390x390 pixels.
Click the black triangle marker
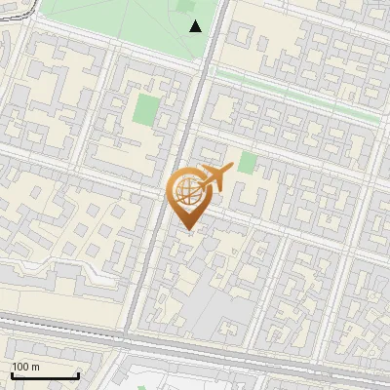point(196,26)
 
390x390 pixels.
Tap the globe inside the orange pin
point(188,192)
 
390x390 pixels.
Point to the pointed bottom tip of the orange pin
point(188,231)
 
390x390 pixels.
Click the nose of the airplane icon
point(231,168)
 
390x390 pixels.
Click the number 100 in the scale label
point(20,367)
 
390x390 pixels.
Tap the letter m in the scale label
point(36,367)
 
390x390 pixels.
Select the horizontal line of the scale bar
point(45,376)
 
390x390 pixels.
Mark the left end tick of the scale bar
point(13,374)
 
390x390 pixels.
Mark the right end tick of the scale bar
point(78,374)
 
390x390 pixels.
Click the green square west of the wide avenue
point(147,108)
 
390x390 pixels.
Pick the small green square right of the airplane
point(248,162)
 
